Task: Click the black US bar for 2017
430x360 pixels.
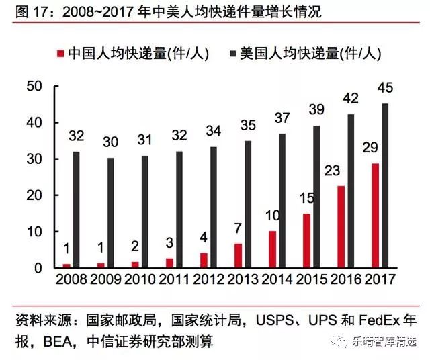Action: point(385,185)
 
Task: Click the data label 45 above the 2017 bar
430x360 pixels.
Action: point(384,89)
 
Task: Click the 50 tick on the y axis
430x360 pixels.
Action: point(34,87)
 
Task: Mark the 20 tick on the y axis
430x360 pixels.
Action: point(34,195)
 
